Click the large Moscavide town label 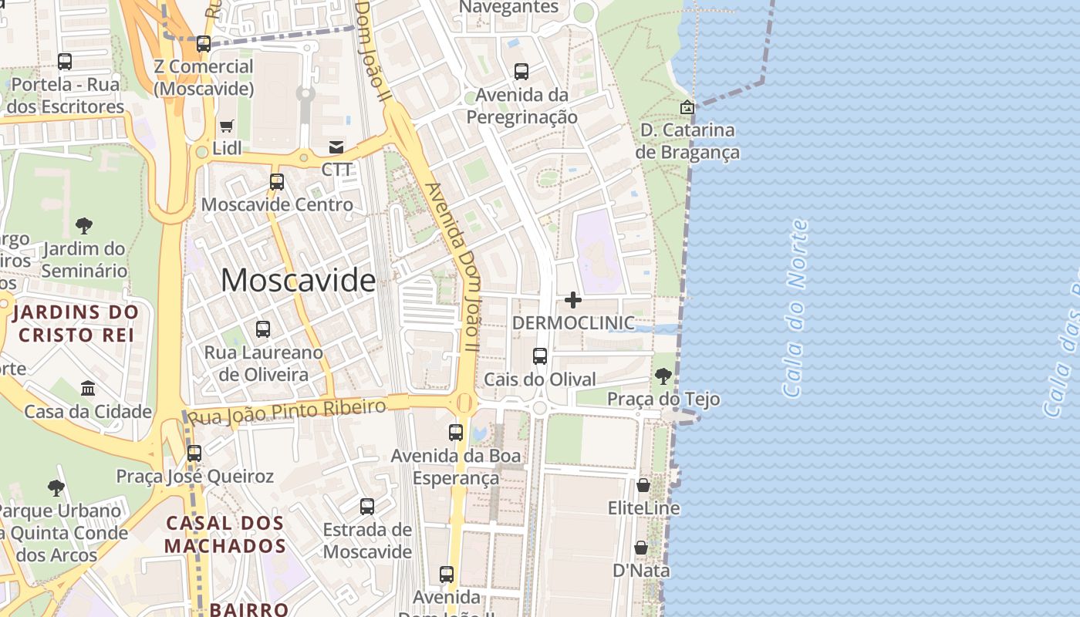[298, 280]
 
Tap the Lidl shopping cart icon [227, 126]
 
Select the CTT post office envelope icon [336, 147]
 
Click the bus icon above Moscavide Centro [276, 182]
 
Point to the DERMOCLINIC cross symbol [573, 299]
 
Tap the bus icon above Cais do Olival [540, 356]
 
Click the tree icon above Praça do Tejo [663, 376]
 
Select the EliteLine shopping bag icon [643, 485]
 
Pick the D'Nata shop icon [641, 548]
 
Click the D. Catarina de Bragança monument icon [687, 107]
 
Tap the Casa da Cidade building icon [88, 388]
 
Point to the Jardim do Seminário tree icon [84, 226]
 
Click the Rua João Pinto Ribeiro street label [287, 412]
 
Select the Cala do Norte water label [795, 308]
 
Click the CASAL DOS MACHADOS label [225, 534]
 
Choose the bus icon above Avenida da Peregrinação [521, 72]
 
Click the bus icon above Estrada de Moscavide [367, 507]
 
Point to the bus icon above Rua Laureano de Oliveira [263, 329]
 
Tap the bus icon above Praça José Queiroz [194, 453]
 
